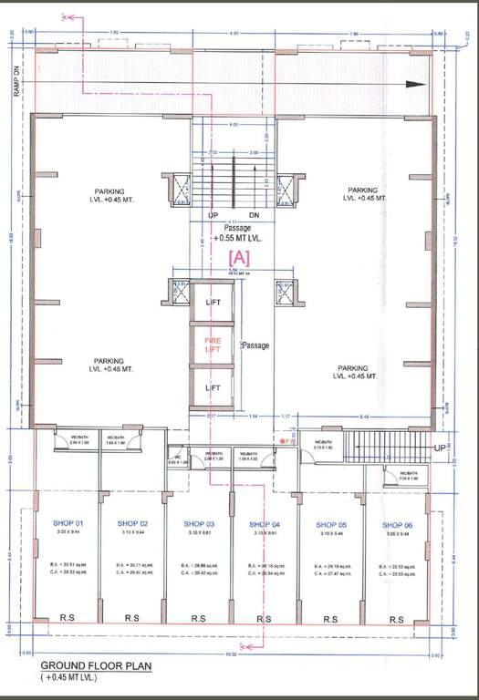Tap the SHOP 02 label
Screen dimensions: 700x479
click(133, 523)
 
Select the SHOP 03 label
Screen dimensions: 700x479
click(199, 524)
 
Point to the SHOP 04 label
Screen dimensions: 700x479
click(265, 524)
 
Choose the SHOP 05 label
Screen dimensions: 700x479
click(331, 524)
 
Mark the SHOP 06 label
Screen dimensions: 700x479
click(397, 524)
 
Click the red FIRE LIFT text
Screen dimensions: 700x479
click(213, 345)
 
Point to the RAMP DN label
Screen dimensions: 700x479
click(16, 63)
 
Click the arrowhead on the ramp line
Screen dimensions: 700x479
click(415, 84)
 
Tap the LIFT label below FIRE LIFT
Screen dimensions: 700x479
click(213, 388)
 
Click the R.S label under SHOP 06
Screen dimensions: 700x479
click(397, 619)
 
